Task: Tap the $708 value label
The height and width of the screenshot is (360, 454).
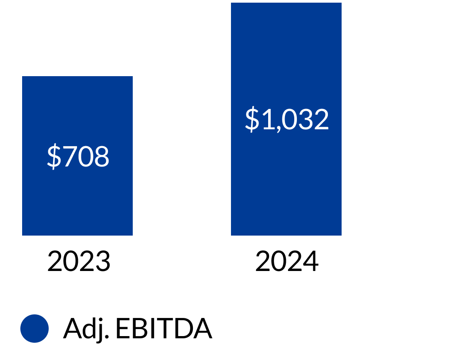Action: point(78,156)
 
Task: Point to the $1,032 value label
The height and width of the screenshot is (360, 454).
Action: point(287,119)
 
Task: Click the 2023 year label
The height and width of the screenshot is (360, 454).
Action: point(79,261)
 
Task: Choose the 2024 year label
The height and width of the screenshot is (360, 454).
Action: point(287,261)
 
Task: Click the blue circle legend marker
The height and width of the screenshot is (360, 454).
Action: point(35,329)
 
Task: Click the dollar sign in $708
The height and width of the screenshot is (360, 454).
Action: point(54,156)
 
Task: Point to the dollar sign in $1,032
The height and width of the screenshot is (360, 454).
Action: point(252,119)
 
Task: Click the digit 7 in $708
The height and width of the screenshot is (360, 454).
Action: point(70,156)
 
